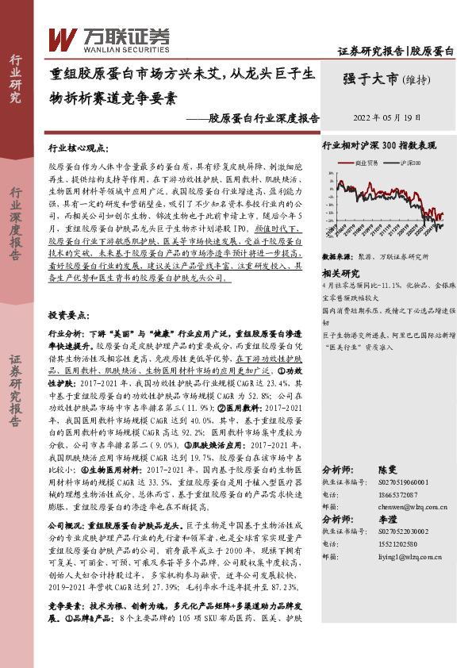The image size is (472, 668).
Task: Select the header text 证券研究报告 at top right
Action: point(371,52)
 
